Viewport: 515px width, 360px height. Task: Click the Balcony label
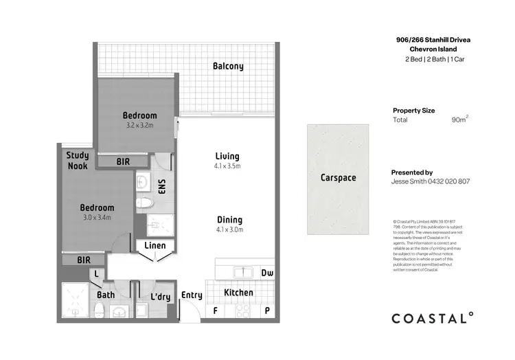[227, 67]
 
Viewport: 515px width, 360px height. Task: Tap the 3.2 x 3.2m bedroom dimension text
[139, 126]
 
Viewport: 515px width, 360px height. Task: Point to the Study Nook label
[77, 161]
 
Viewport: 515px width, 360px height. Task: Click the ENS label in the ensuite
[163, 186]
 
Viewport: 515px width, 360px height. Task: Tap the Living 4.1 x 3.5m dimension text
[227, 166]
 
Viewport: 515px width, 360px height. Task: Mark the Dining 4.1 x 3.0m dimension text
[229, 229]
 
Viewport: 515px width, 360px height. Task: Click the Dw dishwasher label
[267, 273]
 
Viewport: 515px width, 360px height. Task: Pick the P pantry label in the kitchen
[266, 310]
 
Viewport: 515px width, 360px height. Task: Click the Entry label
[192, 295]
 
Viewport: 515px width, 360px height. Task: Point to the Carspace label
[338, 177]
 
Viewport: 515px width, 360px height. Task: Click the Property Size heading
[413, 110]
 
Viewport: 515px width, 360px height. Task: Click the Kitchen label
[238, 293]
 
